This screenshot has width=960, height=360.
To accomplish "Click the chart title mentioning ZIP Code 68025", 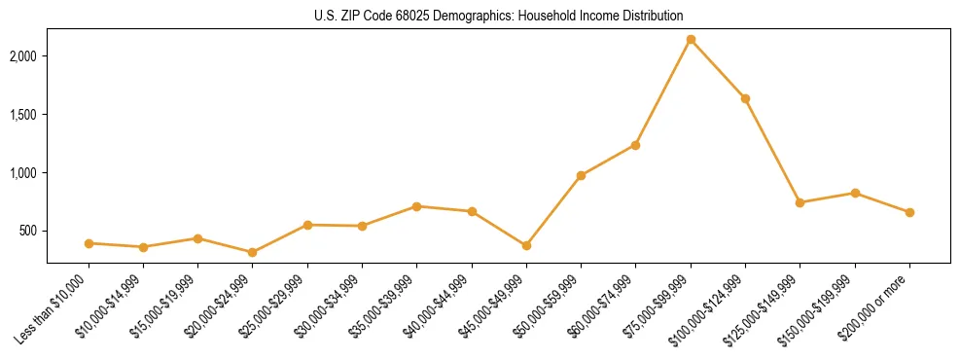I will coord(498,16).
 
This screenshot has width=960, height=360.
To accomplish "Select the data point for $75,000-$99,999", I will coord(691,40).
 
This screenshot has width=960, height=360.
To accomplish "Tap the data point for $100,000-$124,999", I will coord(745,98).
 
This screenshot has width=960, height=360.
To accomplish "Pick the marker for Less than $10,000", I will coord(89,243).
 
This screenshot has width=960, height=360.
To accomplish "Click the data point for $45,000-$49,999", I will coord(526,245).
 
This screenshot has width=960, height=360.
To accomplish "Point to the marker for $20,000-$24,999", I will coord(253,252).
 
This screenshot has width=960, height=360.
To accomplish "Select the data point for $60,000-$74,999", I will coord(635,145).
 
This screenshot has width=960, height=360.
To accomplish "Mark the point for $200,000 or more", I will coord(909,212).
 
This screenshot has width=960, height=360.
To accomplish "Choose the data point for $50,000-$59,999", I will coord(581,175).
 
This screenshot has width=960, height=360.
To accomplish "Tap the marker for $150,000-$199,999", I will coord(855,193).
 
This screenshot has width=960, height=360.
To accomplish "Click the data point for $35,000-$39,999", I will coord(416,206).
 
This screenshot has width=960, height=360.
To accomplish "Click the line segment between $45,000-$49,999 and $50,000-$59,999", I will coord(553,210).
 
